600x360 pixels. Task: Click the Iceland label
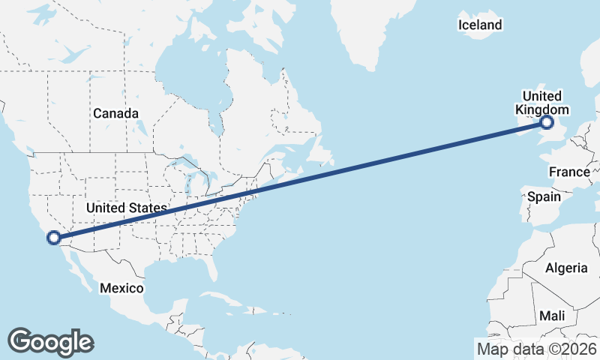click(480, 25)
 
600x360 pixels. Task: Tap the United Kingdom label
click(541, 103)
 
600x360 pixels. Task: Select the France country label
click(569, 172)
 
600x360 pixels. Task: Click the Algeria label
click(567, 268)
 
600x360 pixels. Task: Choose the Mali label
click(552, 316)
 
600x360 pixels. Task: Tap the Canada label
click(116, 113)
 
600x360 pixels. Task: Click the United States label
click(126, 207)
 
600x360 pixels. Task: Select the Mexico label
click(121, 288)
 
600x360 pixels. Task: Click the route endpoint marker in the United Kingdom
click(547, 122)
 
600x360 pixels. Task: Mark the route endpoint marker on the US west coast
click(54, 238)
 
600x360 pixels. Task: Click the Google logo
click(50, 341)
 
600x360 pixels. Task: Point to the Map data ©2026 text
click(537, 349)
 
